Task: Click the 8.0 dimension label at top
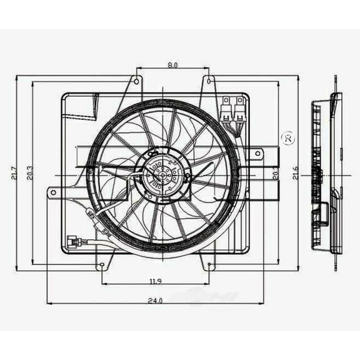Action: [173, 64]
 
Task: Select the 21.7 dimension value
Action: [14, 174]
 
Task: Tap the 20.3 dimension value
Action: [29, 174]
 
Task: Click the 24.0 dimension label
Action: [154, 301]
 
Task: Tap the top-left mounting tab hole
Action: [136, 80]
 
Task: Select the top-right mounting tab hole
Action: [209, 80]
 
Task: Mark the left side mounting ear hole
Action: [53, 192]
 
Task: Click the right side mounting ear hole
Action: [258, 152]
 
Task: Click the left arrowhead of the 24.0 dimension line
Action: [50, 304]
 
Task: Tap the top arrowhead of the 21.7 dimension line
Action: [17, 78]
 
